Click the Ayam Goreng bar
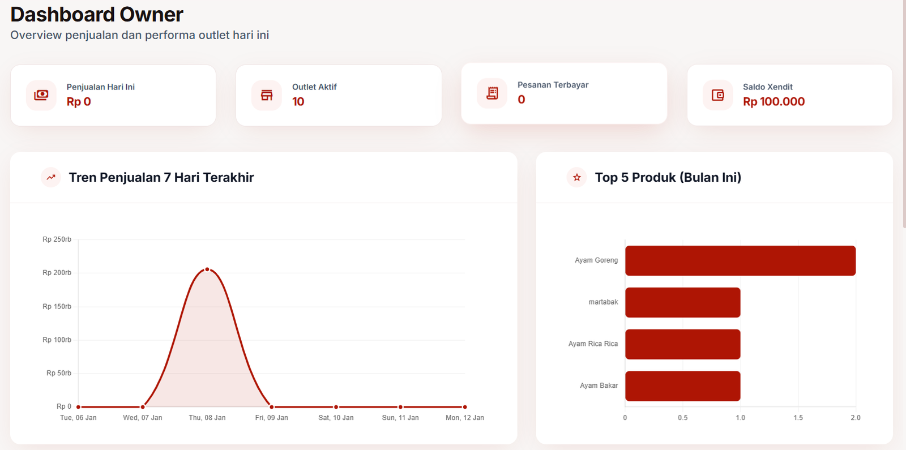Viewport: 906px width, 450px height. point(740,260)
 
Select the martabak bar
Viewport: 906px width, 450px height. point(682,302)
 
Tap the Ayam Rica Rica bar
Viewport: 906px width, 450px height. point(682,344)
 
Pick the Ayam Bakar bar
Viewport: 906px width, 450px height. point(682,386)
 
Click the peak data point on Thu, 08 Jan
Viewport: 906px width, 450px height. point(207,269)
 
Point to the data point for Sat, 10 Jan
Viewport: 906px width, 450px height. point(336,407)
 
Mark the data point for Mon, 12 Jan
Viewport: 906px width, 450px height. point(465,407)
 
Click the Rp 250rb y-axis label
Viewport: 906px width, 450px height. point(57,239)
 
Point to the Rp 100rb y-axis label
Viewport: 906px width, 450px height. point(57,340)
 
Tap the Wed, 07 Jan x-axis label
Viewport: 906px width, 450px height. point(143,418)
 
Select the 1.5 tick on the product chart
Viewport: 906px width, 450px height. point(798,418)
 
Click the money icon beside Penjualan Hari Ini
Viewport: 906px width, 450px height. point(41,95)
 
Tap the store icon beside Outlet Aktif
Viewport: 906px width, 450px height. point(267,95)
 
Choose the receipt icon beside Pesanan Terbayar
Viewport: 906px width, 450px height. point(492,93)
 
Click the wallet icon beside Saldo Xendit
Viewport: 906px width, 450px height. point(717,95)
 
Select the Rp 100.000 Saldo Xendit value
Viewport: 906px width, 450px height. point(773,102)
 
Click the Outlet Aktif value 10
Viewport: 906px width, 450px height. point(298,102)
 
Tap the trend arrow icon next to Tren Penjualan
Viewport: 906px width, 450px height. point(51,177)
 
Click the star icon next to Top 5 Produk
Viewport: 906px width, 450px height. point(576,177)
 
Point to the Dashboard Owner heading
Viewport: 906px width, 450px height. point(97,14)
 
